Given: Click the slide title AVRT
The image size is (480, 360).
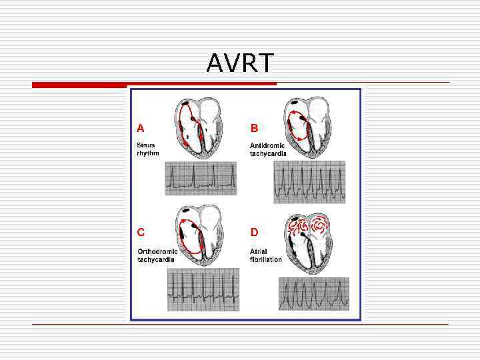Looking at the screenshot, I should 240,63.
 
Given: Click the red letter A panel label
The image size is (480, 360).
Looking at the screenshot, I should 141,127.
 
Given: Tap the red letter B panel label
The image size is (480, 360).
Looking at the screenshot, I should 254,127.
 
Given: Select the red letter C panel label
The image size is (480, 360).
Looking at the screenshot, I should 141,232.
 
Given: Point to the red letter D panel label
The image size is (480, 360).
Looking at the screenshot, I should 254,232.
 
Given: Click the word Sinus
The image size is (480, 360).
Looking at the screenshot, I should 146,145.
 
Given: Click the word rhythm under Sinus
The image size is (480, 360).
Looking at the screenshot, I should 148,153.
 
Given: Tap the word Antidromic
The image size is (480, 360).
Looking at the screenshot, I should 267,145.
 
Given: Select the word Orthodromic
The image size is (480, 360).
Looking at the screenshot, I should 157,251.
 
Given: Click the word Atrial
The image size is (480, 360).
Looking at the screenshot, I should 259,251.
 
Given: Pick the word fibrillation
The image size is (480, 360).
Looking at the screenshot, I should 265,259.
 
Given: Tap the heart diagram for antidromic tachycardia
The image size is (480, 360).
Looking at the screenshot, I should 306,126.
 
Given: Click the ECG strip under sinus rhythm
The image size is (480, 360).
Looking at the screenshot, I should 201,178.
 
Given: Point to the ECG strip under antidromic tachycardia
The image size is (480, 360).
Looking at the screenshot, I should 309,182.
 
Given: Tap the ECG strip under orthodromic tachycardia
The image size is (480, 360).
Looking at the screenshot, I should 203,290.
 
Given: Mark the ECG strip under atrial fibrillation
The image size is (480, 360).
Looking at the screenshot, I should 313,294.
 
